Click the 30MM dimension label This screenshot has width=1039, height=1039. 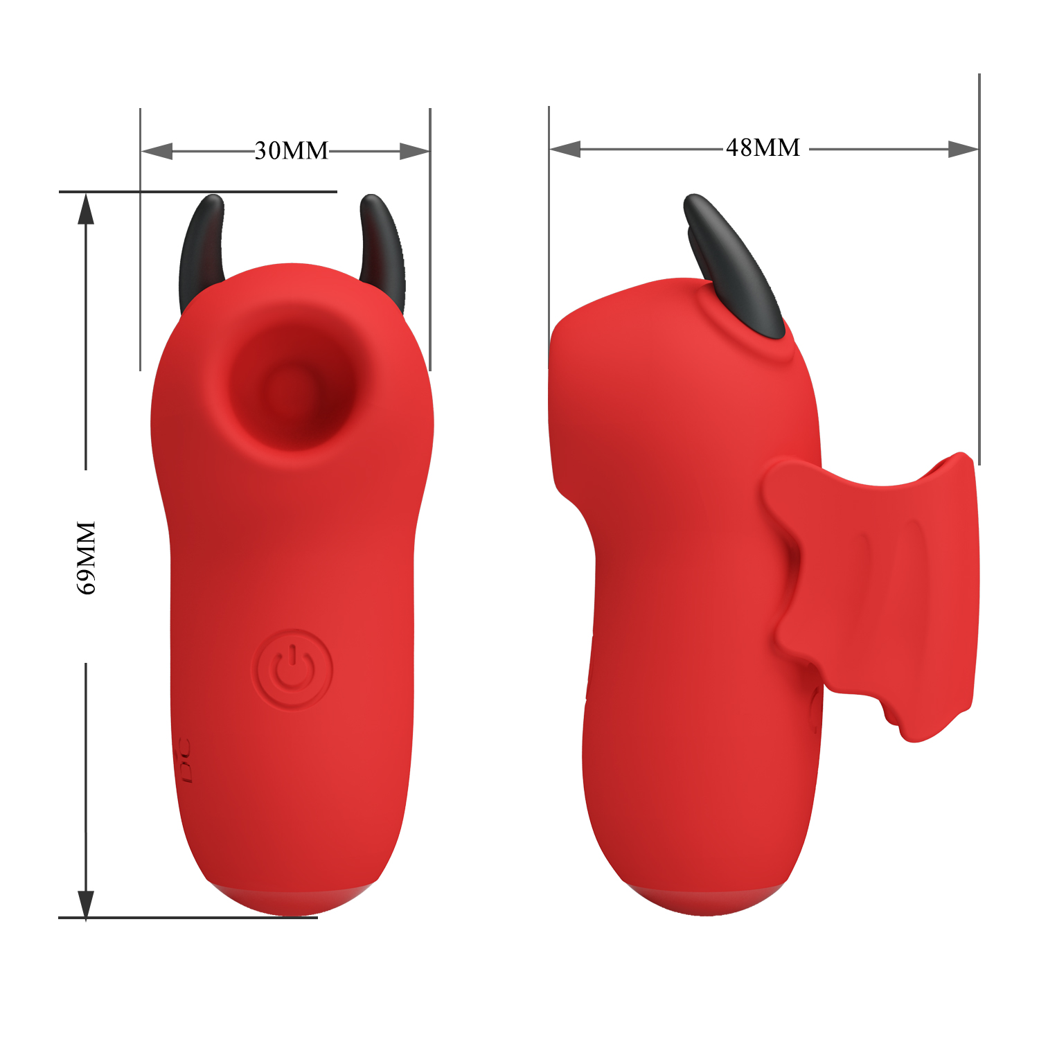click(291, 150)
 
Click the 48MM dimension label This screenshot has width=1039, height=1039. click(763, 148)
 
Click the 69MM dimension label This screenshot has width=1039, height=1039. click(86, 558)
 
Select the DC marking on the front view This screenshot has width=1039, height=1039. click(184, 761)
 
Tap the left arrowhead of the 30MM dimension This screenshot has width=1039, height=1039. click(157, 151)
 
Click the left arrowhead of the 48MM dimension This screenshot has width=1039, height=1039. click(565, 149)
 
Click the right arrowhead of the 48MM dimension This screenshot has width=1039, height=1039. click(963, 149)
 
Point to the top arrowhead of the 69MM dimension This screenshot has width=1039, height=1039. click(86, 208)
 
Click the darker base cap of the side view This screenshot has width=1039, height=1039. click(705, 900)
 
